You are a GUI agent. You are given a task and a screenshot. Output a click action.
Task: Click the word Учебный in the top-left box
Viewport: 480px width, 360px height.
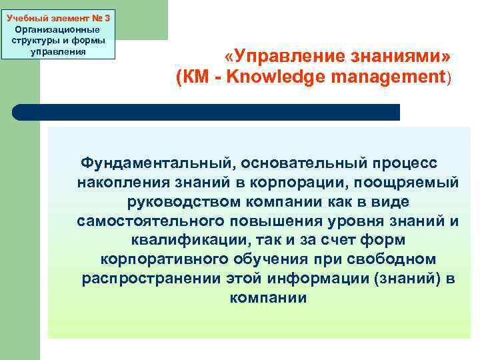pyautogui.click(x=24, y=8)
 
